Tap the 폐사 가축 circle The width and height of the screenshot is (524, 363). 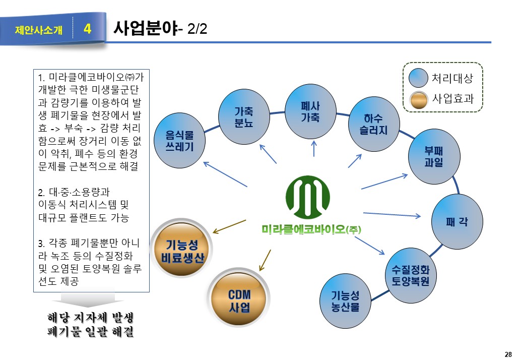point(310,111)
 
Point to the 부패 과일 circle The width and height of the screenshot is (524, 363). point(434,157)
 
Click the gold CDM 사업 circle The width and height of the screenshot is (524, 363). point(239,300)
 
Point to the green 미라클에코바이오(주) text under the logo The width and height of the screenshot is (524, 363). point(312,229)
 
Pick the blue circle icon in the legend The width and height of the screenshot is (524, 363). point(419,78)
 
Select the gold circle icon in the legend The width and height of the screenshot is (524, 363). point(419,99)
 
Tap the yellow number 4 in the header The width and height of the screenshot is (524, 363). point(87,29)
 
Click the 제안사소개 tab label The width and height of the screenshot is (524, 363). point(39,30)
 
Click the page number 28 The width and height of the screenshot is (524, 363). point(508,354)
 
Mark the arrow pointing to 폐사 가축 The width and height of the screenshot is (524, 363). point(313,148)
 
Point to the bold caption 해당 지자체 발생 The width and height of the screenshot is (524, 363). point(93,318)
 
